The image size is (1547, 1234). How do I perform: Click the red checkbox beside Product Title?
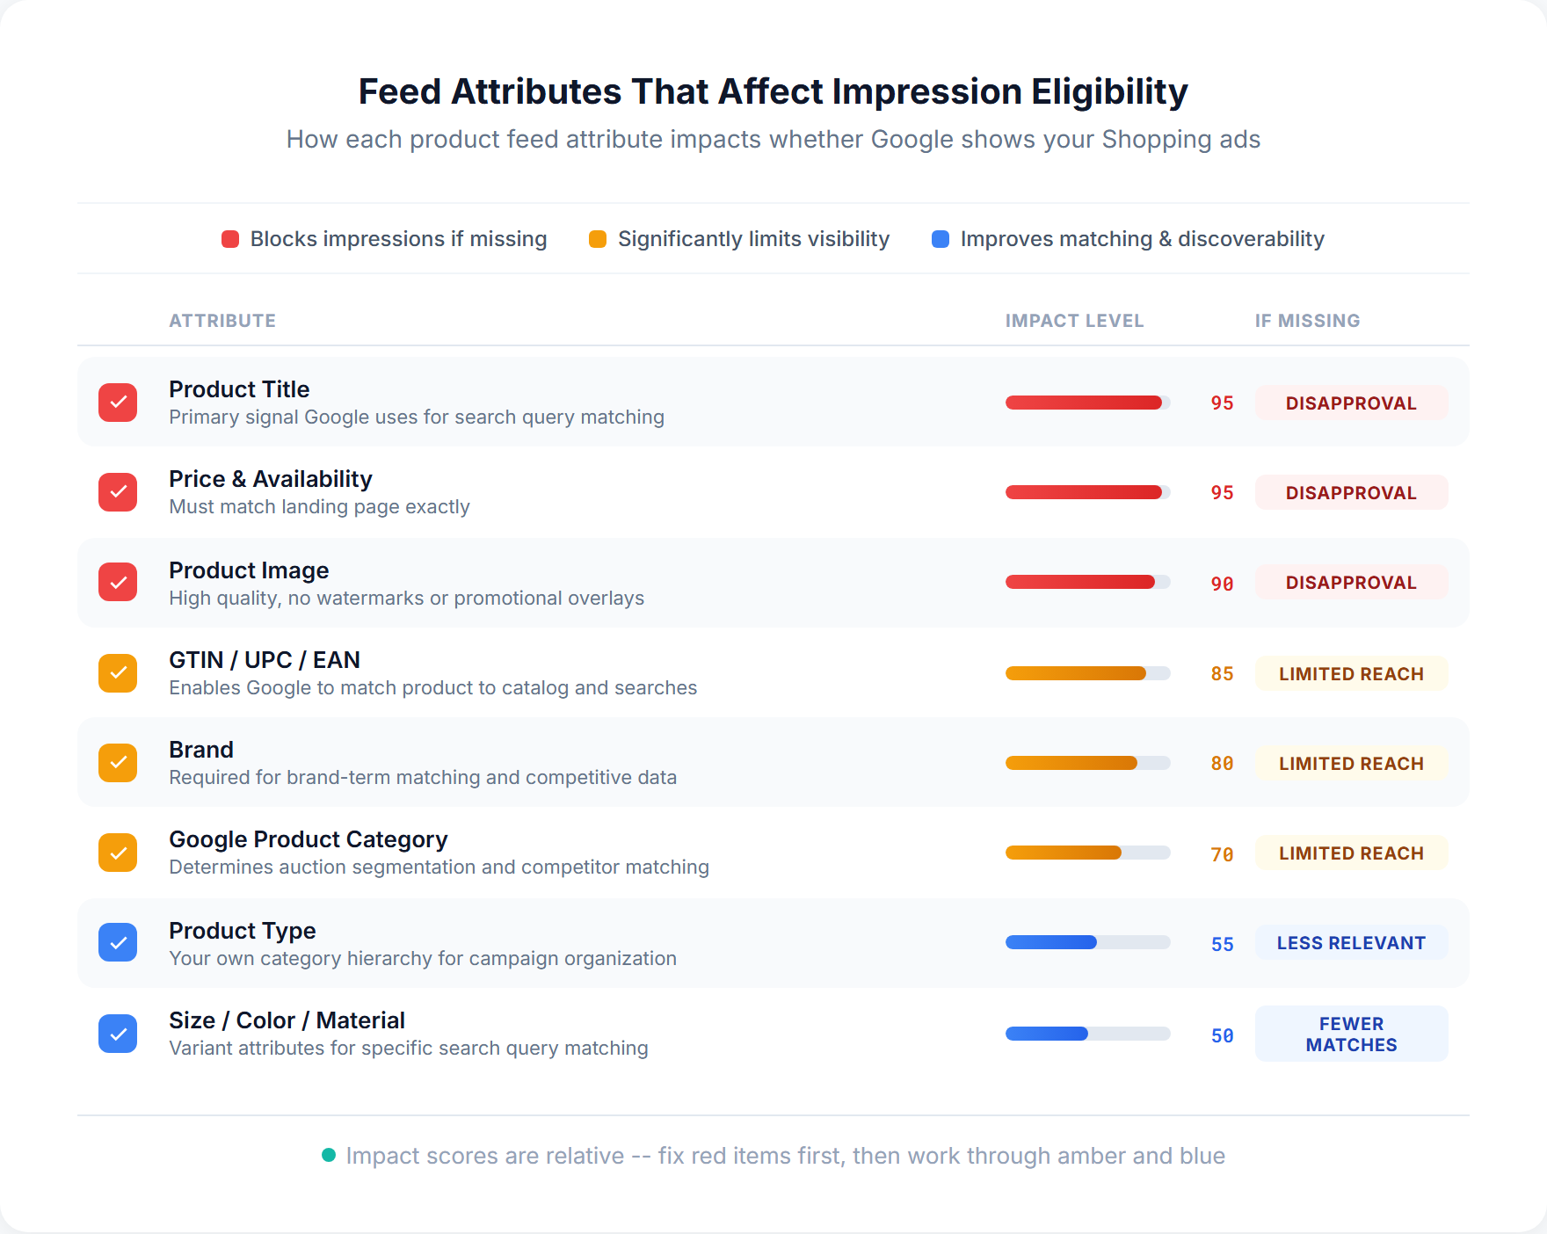118,403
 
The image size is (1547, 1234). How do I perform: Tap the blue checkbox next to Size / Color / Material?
118,1034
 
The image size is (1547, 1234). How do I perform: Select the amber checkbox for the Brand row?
118,763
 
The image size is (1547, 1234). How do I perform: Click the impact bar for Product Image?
1087,582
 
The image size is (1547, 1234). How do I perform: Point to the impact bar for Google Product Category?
1087,853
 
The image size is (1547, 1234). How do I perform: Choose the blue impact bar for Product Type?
1087,942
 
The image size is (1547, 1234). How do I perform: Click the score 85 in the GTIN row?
1222,674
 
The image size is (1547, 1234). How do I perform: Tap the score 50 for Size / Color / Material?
1222,1036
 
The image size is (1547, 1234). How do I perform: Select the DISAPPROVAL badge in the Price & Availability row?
1351,493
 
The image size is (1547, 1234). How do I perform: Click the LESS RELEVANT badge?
1351,943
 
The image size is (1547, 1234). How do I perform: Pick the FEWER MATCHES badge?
1351,1034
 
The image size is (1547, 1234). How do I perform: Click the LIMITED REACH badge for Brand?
1351,764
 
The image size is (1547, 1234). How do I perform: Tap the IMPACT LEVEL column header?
1074,321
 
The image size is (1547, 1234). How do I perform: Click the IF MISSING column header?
1307,321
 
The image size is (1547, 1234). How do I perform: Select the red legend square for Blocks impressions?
230,239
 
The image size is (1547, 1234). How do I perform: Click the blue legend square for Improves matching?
941,239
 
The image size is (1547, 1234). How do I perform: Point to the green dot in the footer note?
329,1155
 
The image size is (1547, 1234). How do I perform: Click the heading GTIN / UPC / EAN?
265,660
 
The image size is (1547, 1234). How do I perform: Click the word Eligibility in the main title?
1109,91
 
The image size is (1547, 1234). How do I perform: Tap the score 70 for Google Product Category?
1222,855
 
